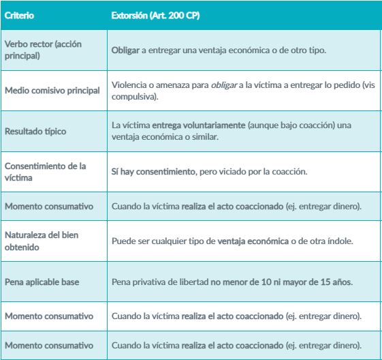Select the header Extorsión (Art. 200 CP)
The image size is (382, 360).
(148, 14)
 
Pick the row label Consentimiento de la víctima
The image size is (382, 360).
(42, 171)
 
